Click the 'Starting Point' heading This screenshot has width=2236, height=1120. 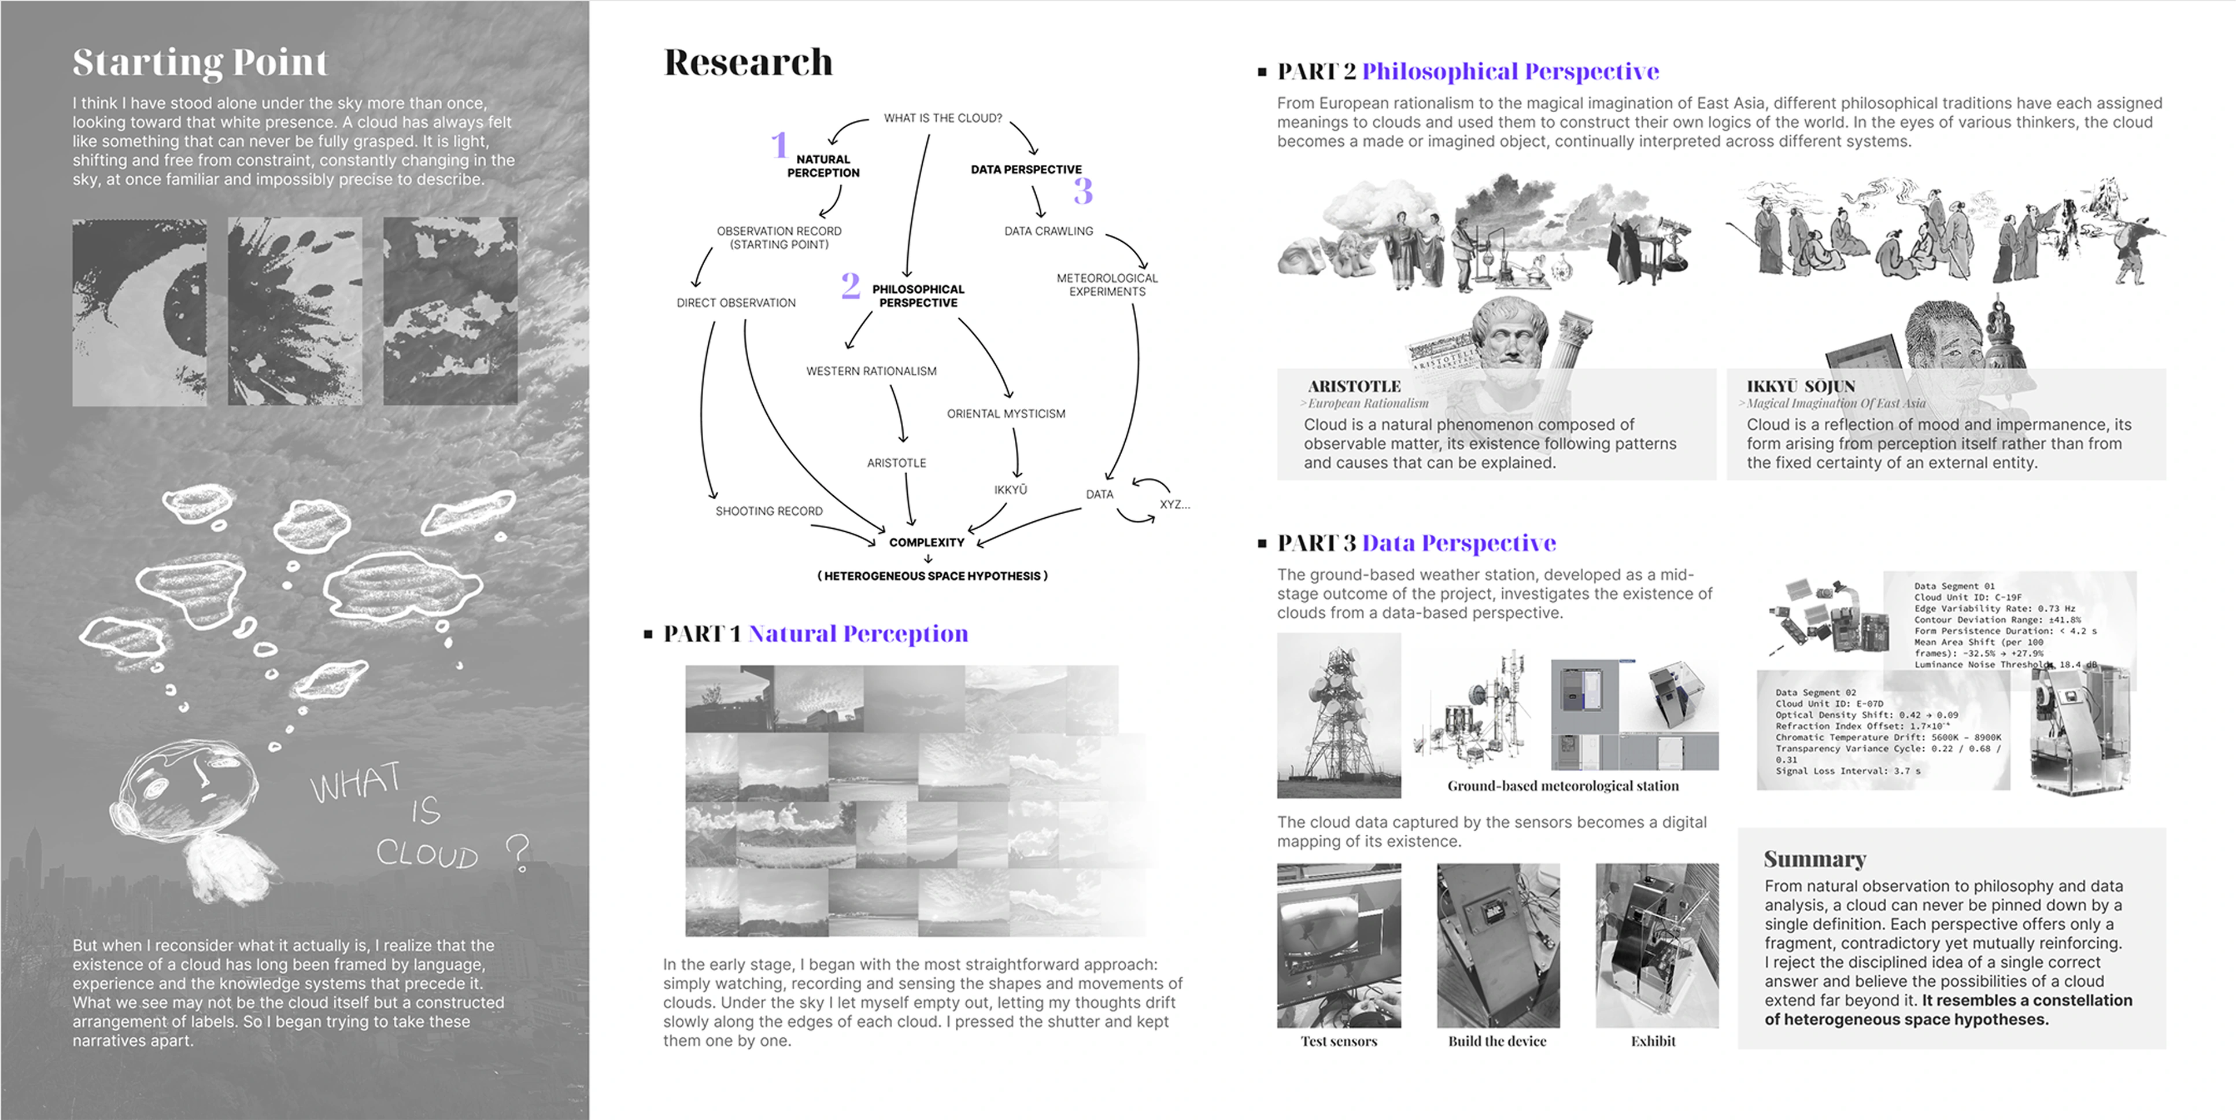click(201, 62)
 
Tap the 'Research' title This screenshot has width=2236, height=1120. click(748, 62)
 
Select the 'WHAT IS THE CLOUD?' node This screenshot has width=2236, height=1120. click(943, 118)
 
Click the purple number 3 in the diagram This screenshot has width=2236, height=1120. click(1082, 190)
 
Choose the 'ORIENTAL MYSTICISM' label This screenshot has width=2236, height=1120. click(1006, 414)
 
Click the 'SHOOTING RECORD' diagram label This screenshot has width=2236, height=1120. click(769, 511)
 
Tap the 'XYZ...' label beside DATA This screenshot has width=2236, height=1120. click(1174, 504)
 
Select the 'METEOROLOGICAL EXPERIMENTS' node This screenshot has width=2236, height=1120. click(1107, 285)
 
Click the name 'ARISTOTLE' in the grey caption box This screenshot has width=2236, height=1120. click(1354, 386)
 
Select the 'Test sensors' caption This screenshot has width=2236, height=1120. click(1339, 1041)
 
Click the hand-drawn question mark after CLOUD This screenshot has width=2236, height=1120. click(518, 853)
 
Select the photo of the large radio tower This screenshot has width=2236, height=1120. click(1339, 716)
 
